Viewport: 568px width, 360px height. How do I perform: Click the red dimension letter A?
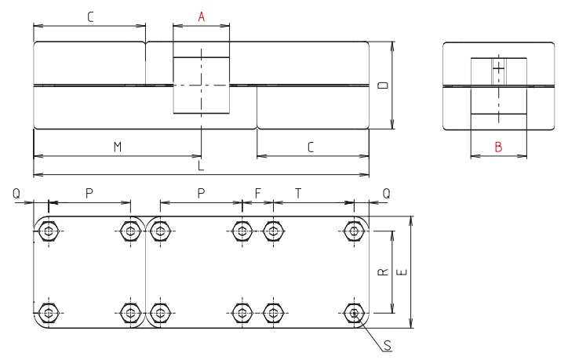coord(201,16)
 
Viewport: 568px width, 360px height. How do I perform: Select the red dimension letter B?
coord(497,147)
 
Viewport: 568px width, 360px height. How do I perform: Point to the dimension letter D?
coord(383,85)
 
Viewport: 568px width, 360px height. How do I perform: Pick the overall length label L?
coord(201,166)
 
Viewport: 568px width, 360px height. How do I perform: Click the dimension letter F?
coord(257,193)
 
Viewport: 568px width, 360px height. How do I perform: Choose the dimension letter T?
coord(299,193)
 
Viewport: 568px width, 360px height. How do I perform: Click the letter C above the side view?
coord(89,16)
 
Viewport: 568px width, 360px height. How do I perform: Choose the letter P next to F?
coord(201,193)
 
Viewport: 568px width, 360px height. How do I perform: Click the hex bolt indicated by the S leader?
coord(355,313)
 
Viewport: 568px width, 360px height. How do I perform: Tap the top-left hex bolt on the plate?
coord(49,231)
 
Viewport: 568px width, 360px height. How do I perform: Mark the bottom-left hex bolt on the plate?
coord(49,313)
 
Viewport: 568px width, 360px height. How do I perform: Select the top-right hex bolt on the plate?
coord(355,231)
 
